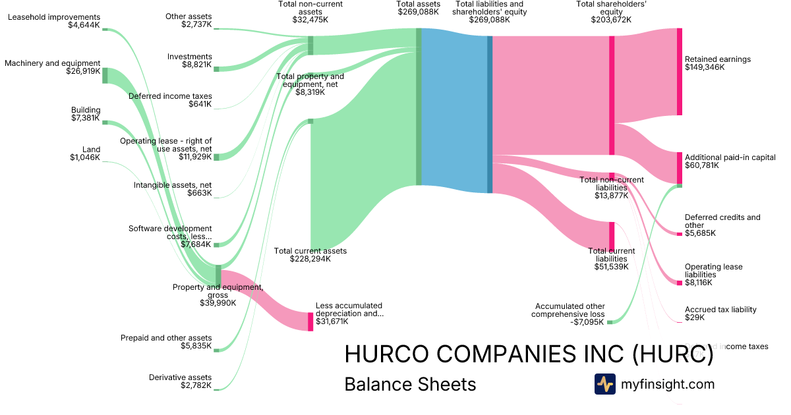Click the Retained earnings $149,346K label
point(717,63)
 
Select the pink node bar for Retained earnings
point(680,72)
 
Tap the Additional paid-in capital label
point(730,161)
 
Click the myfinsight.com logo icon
point(604,384)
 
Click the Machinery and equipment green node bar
point(105,75)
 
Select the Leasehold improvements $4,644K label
point(54,21)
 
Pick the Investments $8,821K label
point(190,61)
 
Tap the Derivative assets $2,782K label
point(180,381)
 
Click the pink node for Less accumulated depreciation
point(310,321)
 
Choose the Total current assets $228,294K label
point(310,255)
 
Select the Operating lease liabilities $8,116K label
point(713,275)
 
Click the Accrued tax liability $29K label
point(720,314)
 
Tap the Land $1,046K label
point(86,153)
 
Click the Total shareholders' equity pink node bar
point(612,96)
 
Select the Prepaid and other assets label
point(166,342)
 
